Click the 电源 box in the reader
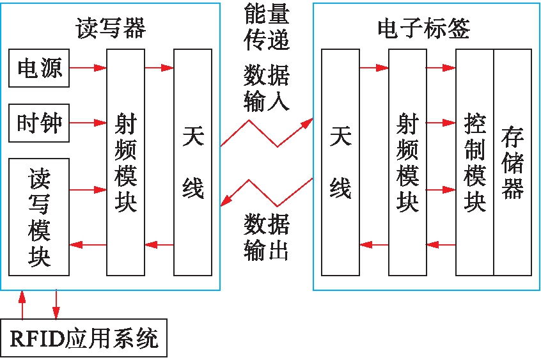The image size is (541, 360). [x=38, y=67]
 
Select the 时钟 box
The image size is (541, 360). [x=38, y=122]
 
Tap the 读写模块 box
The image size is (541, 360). [x=38, y=217]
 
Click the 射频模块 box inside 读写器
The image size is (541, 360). [x=125, y=162]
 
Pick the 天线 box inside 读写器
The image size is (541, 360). [x=192, y=162]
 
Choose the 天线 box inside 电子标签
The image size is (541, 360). [x=340, y=162]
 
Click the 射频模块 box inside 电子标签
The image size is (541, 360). [x=407, y=162]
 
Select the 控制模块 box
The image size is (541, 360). [x=474, y=162]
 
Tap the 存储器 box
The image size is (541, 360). [x=513, y=162]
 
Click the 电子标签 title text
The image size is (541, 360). [x=424, y=29]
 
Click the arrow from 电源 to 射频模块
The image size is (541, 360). [x=88, y=67]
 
